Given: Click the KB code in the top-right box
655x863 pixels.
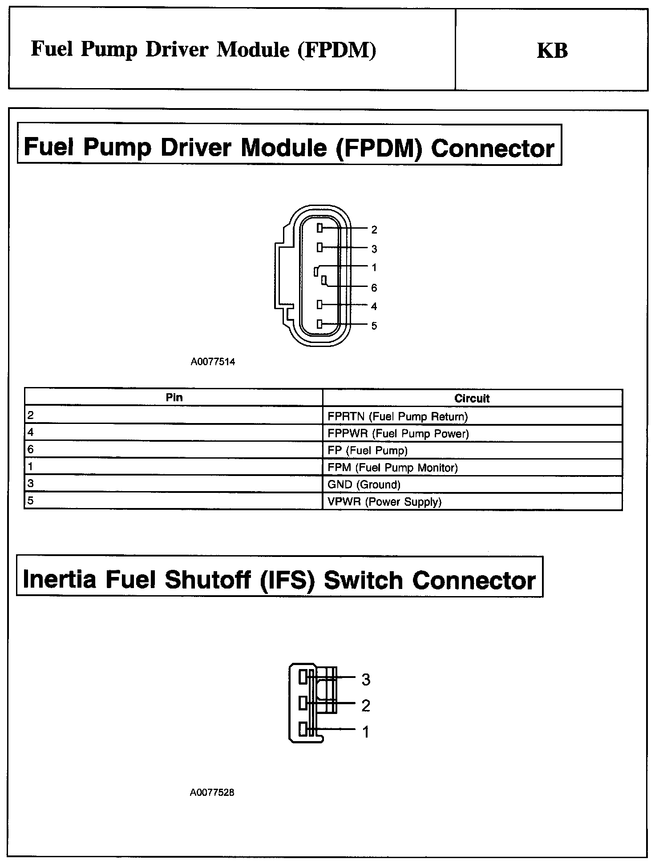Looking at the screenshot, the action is (552, 51).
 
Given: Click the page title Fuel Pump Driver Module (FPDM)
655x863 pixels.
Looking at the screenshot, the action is (203, 50).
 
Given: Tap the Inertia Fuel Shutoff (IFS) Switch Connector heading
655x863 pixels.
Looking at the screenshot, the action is (279, 580).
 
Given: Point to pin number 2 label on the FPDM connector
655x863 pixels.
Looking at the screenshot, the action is (374, 230).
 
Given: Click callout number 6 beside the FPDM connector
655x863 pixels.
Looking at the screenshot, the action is (374, 288).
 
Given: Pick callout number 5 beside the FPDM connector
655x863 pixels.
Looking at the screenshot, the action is (374, 326).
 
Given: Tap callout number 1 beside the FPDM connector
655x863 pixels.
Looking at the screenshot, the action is (374, 267).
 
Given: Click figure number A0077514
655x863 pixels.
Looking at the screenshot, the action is (213, 362).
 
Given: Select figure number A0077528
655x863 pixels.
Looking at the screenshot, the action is (212, 792).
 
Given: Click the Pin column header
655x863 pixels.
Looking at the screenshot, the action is (174, 397).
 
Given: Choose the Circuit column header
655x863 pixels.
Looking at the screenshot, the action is (472, 398).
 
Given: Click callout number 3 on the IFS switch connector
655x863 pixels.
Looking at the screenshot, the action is (366, 679).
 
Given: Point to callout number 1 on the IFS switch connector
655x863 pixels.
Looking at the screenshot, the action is (366, 732).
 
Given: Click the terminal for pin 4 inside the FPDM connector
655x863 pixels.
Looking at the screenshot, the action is (319, 305).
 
